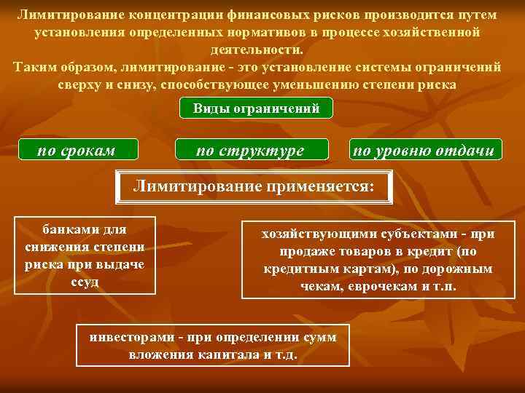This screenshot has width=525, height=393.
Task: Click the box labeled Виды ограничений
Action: (x=256, y=108)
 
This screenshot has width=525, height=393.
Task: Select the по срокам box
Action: (x=77, y=151)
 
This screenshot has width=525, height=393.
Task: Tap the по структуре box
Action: (x=251, y=151)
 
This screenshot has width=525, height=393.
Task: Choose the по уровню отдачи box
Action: (x=425, y=151)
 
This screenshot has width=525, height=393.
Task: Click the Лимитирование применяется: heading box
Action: (x=254, y=187)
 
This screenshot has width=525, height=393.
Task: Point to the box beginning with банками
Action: (x=85, y=255)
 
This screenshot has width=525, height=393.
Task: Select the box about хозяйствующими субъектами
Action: (x=378, y=261)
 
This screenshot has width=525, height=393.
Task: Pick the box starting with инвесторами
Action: (x=213, y=346)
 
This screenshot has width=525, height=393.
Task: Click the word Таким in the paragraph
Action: (x=37, y=67)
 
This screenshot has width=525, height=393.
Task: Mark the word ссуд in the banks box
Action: (x=85, y=281)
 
